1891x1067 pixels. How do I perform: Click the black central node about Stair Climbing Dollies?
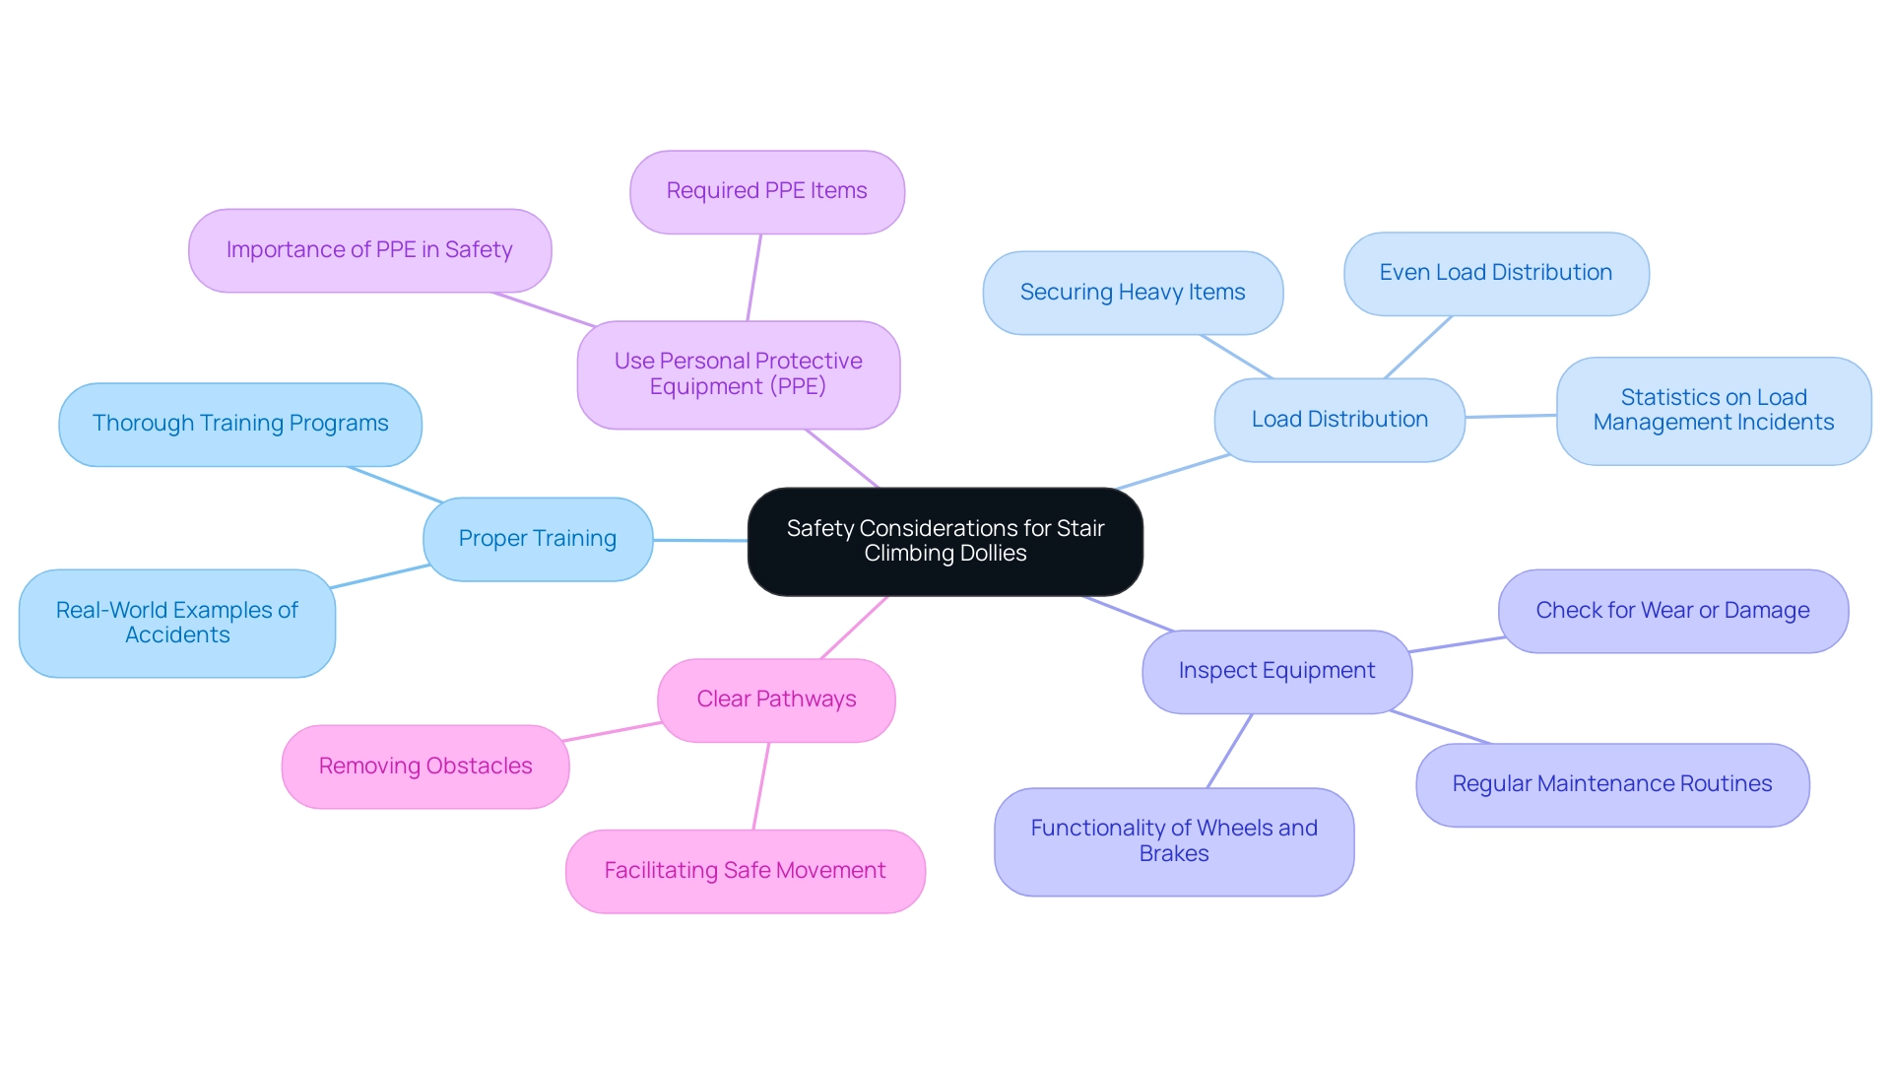click(x=945, y=541)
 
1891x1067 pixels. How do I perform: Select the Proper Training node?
click(x=538, y=539)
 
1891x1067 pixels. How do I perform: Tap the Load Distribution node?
click(x=1339, y=420)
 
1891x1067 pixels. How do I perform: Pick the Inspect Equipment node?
click(x=1276, y=671)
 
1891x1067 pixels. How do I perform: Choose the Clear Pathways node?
click(x=776, y=700)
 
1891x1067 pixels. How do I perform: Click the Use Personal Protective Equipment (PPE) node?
click(x=738, y=374)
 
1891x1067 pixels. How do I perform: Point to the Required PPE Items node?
click(x=766, y=191)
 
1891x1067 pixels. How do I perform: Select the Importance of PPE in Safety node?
click(x=369, y=250)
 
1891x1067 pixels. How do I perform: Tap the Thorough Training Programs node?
click(x=240, y=424)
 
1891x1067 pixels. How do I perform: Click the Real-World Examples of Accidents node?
click(x=177, y=623)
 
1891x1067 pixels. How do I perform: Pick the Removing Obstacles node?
click(x=425, y=767)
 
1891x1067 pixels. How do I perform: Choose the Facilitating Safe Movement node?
click(x=745, y=871)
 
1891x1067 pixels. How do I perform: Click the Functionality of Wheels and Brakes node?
click(x=1174, y=841)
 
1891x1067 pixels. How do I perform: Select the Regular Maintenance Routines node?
click(x=1612, y=784)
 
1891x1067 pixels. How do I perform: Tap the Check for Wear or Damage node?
click(x=1672, y=611)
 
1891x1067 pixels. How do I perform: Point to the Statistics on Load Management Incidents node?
click(x=1714, y=411)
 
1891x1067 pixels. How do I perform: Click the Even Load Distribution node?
click(x=1495, y=273)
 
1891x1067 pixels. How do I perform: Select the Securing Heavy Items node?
click(x=1133, y=293)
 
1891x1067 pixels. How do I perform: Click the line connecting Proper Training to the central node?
click(x=700, y=540)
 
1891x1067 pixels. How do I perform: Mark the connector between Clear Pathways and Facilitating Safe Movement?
click(x=761, y=785)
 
